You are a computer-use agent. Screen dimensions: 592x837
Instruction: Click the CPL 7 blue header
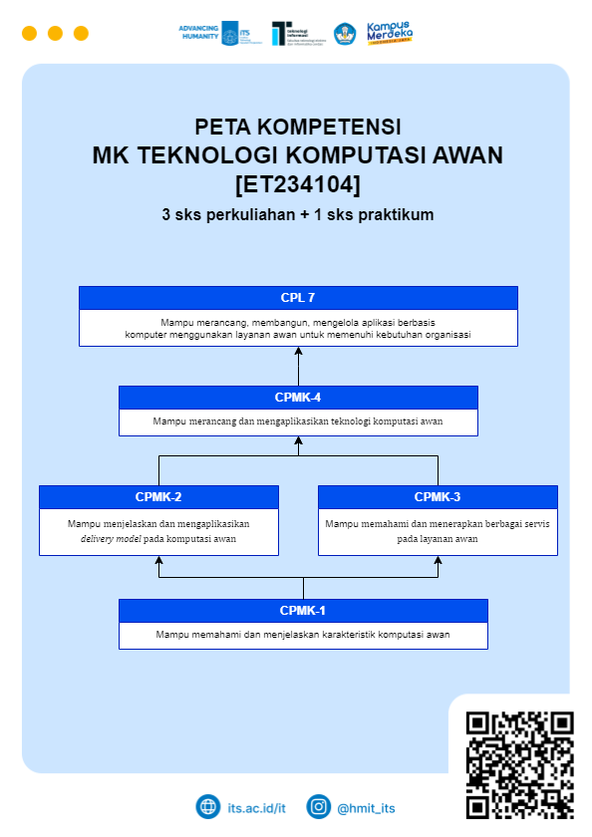[x=298, y=298]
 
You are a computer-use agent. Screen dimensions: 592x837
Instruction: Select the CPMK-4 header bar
[x=298, y=398]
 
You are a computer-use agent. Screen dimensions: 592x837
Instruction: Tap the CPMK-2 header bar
[x=158, y=497]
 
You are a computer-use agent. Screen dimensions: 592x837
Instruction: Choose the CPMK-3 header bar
[x=438, y=497]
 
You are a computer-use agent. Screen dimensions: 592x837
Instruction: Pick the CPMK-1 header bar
[x=303, y=610]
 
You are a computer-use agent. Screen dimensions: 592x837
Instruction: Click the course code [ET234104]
[x=297, y=184]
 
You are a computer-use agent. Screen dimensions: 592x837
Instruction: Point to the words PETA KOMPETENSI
[x=297, y=128]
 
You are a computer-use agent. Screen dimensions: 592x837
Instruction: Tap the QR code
[x=519, y=764]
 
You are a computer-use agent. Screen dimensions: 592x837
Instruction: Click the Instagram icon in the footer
[x=318, y=807]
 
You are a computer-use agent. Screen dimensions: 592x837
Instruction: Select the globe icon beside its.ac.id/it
[x=207, y=807]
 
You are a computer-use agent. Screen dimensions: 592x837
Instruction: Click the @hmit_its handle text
[x=366, y=808]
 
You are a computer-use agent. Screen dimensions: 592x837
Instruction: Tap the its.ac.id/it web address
[x=257, y=808]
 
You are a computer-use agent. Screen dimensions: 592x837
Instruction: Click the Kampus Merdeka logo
[x=390, y=33]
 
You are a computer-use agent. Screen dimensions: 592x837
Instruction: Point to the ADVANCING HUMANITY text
[x=197, y=33]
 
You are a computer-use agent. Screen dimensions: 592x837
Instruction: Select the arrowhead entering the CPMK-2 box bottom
[x=158, y=560]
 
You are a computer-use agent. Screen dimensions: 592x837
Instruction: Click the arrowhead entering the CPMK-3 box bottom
[x=438, y=560]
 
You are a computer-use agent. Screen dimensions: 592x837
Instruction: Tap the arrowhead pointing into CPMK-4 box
[x=298, y=439]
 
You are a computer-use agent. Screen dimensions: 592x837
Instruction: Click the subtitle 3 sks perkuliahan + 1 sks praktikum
[x=297, y=214]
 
